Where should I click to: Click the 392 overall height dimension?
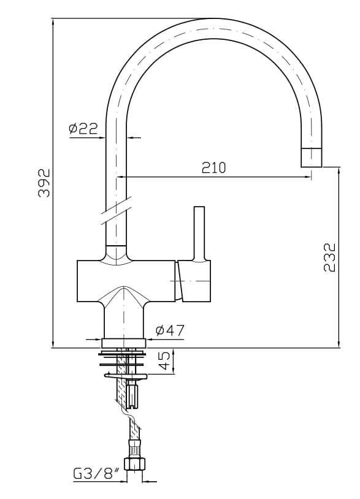pyautogui.click(x=44, y=182)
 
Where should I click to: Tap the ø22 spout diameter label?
pyautogui.click(x=83, y=128)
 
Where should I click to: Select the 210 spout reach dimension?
pyautogui.click(x=214, y=167)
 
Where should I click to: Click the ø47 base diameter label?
pyautogui.click(x=170, y=330)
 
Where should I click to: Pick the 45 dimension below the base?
pyautogui.click(x=164, y=361)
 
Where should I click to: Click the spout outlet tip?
pyautogui.click(x=311, y=158)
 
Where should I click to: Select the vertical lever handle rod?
pyautogui.click(x=199, y=233)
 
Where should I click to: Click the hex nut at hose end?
pyautogui.click(x=134, y=463)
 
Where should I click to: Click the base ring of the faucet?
pyautogui.click(x=124, y=343)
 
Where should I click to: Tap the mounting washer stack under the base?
pyautogui.click(x=124, y=361)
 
